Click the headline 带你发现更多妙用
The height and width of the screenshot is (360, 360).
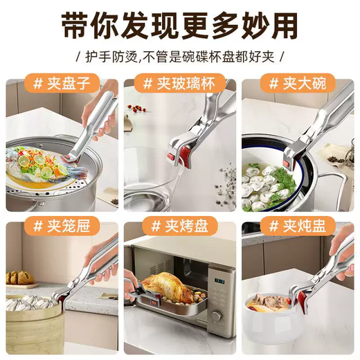[180, 26]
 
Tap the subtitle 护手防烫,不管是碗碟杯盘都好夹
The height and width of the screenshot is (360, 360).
[180, 59]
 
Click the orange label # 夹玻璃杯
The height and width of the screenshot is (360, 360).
[179, 84]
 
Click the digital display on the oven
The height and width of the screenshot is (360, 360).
[219, 283]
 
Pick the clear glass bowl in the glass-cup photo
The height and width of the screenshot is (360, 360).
[156, 173]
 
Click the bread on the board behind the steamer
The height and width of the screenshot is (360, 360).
[19, 278]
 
